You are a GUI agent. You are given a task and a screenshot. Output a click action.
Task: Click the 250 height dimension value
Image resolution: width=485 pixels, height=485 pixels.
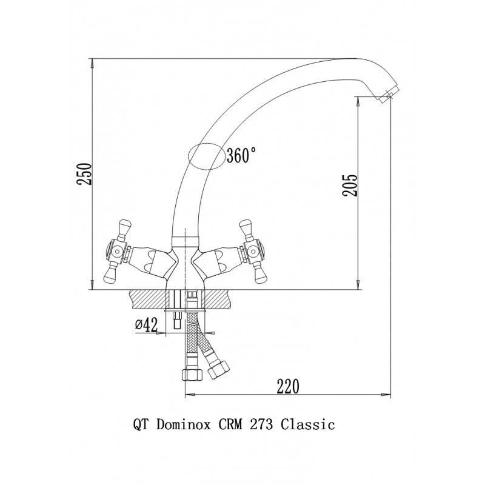click(x=84, y=173)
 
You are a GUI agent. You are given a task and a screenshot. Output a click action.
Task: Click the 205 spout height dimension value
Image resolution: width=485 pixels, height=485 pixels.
click(x=350, y=185)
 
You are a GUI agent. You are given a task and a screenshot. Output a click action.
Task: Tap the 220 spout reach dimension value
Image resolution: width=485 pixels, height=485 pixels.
click(x=288, y=386)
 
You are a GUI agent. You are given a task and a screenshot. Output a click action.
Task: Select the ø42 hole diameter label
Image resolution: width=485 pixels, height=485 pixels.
click(x=147, y=325)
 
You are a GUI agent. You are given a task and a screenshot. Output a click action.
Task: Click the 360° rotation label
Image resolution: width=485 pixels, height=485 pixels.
click(x=241, y=155)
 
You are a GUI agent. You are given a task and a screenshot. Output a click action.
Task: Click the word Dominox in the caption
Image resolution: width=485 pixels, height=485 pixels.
click(x=184, y=424)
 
